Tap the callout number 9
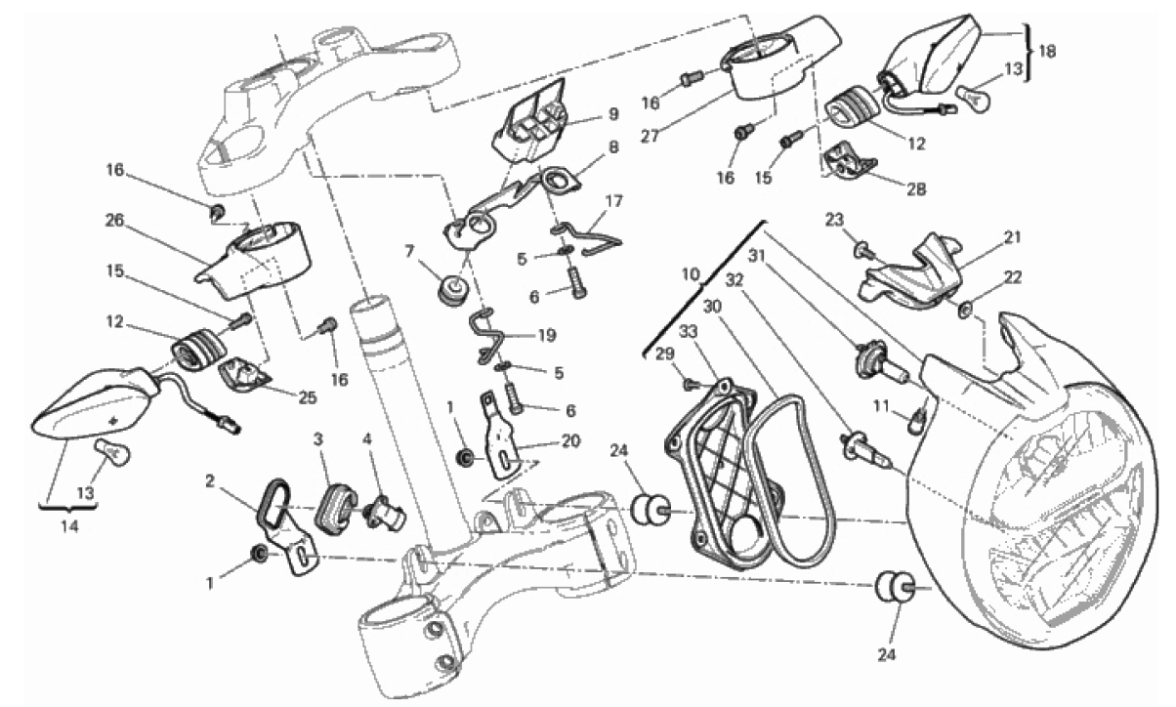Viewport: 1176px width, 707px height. click(612, 113)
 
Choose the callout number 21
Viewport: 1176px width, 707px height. click(1010, 235)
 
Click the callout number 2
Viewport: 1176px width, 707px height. click(210, 480)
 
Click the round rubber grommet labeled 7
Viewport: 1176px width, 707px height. click(452, 290)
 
